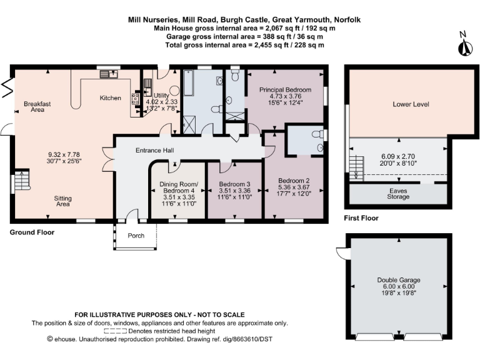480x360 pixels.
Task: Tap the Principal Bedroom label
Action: tap(285, 89)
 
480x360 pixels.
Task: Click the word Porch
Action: tap(136, 236)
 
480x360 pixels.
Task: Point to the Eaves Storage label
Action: tap(398, 193)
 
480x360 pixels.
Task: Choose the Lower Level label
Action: tap(411, 104)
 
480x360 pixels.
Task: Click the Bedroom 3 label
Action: tap(234, 184)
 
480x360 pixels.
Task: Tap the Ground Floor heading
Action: tap(32, 232)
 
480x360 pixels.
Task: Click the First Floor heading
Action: tap(361, 218)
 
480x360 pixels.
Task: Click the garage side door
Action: tap(341, 252)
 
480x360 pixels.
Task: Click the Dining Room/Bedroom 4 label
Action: tap(179, 188)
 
